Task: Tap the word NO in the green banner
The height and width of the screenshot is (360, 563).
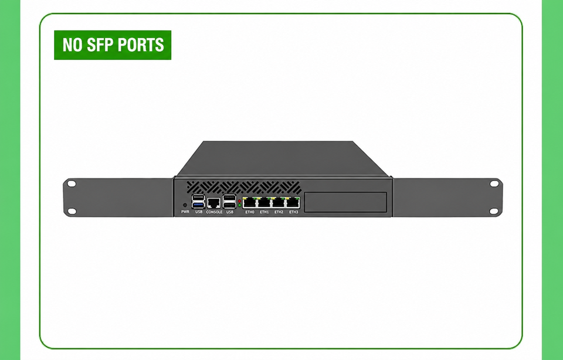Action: tap(73, 45)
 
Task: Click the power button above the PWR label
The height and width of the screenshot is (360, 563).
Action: tap(185, 205)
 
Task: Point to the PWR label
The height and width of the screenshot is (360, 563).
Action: tap(185, 212)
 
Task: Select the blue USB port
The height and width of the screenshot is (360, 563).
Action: tap(198, 205)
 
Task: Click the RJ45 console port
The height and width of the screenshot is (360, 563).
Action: tap(213, 203)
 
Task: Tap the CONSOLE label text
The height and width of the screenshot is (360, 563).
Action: tap(214, 212)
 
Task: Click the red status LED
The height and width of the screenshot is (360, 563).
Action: tap(239, 201)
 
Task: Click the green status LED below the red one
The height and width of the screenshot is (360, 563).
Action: tap(239, 205)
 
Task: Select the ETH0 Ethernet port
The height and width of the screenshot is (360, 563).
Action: tap(250, 203)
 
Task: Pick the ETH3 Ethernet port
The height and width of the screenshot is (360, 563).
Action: tap(293, 203)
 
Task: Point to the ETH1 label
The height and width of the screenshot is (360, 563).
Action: tap(264, 212)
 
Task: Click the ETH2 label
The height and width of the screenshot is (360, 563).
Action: tap(279, 212)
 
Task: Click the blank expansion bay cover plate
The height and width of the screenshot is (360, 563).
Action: tap(345, 202)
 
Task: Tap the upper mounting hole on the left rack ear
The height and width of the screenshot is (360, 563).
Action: tap(72, 184)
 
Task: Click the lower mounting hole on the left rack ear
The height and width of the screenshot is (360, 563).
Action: tap(72, 211)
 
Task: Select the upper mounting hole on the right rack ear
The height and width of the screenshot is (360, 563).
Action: tap(494, 184)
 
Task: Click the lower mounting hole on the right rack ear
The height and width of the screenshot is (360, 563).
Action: tap(494, 211)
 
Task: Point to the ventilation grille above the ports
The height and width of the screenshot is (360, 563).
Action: tap(244, 188)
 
